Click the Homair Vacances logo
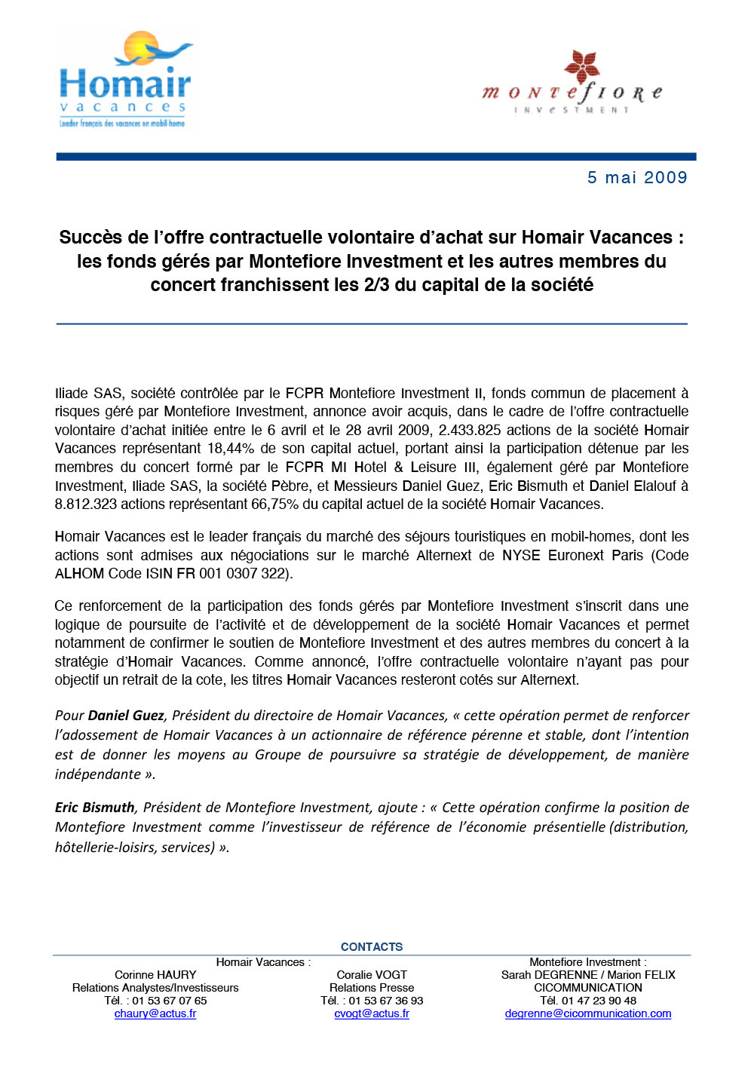pyautogui.click(x=124, y=81)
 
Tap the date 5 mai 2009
pyautogui.click(x=637, y=178)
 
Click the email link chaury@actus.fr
pyautogui.click(x=155, y=1013)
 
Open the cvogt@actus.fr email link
pyautogui.click(x=372, y=1013)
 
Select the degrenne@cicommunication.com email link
pyautogui.click(x=588, y=1013)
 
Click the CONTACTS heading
pyautogui.click(x=372, y=946)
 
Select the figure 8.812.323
pyautogui.click(x=85, y=504)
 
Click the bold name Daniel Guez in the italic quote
pyautogui.click(x=126, y=716)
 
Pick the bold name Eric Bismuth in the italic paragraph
pyautogui.click(x=95, y=808)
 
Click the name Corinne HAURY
pyautogui.click(x=155, y=975)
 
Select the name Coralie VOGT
pyautogui.click(x=372, y=975)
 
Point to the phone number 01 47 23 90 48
pyautogui.click(x=599, y=1001)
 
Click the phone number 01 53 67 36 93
pyautogui.click(x=385, y=1001)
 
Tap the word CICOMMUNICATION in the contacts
pyautogui.click(x=588, y=988)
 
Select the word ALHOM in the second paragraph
pyautogui.click(x=80, y=574)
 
